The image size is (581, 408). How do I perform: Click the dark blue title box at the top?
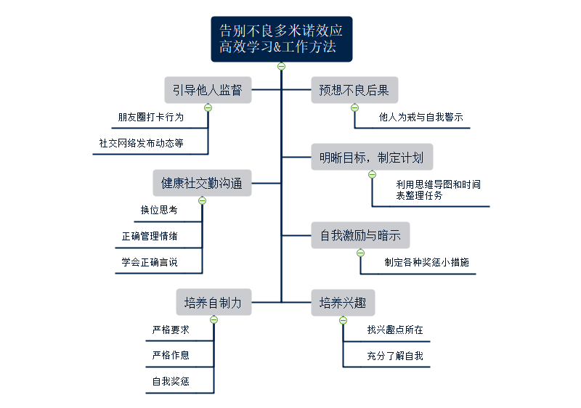tap(281, 39)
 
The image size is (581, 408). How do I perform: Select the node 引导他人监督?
tap(208, 90)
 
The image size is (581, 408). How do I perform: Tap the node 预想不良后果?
tap(354, 90)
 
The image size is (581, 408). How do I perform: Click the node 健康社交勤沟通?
tap(202, 183)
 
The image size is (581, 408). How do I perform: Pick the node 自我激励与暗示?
tap(360, 235)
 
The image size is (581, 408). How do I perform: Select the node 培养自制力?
tap(214, 302)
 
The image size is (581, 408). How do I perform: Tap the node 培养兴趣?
tap(343, 302)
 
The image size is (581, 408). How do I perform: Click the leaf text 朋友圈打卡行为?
tap(151, 117)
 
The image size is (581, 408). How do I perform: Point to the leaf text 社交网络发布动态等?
tap(142, 143)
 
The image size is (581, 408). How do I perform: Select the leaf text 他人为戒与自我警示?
tap(421, 117)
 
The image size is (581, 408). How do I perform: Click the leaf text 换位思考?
tap(159, 210)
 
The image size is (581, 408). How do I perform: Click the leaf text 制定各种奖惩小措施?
tap(431, 262)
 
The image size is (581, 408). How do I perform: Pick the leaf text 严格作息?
tap(171, 355)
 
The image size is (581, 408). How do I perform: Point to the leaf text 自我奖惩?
tap(171, 381)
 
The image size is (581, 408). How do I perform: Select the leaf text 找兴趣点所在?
tap(395, 330)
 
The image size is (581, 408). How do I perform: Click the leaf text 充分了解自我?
tap(395, 356)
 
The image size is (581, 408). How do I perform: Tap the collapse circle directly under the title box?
tap(281, 67)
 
